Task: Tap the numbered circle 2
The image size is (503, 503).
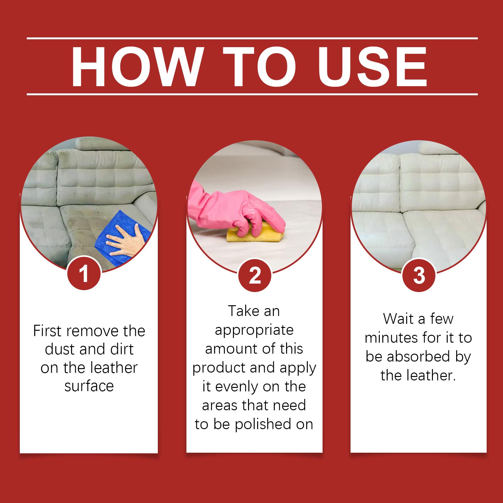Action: [x=255, y=276]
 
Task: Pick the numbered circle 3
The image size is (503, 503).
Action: [x=419, y=275]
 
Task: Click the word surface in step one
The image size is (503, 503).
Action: [x=89, y=386]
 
